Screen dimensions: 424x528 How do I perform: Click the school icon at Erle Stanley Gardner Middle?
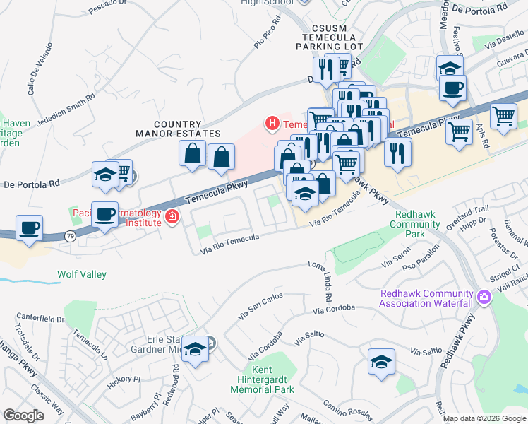(196, 348)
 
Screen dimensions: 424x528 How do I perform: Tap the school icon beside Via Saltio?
(381, 362)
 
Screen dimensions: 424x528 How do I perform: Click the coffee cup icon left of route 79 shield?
(29, 228)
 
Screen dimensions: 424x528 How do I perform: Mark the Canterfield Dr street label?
(40, 319)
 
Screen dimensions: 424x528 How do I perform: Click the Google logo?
(23, 415)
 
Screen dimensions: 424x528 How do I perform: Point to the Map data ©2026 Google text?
(484, 418)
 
